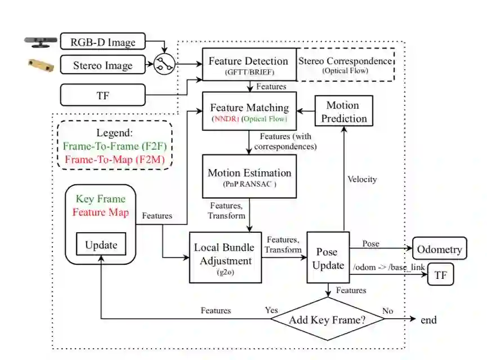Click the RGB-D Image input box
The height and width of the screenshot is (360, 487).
[102, 42]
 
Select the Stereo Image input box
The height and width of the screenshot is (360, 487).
[102, 65]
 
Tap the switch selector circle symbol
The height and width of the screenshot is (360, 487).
[164, 65]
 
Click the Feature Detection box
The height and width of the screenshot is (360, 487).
[248, 65]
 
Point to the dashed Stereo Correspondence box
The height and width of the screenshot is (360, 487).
[344, 65]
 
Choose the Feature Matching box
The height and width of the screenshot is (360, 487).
[249, 112]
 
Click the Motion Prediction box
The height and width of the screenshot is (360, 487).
[342, 112]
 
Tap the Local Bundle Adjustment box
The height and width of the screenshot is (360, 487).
[225, 256]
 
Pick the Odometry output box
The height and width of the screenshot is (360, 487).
[439, 248]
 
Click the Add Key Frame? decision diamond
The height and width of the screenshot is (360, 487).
[328, 320]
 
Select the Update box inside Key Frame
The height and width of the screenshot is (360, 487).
[101, 245]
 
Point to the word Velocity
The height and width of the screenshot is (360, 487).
[361, 179]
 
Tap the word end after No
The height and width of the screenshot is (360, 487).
[428, 320]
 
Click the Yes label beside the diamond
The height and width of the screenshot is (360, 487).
[271, 310]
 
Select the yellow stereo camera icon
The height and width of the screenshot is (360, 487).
[41, 65]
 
